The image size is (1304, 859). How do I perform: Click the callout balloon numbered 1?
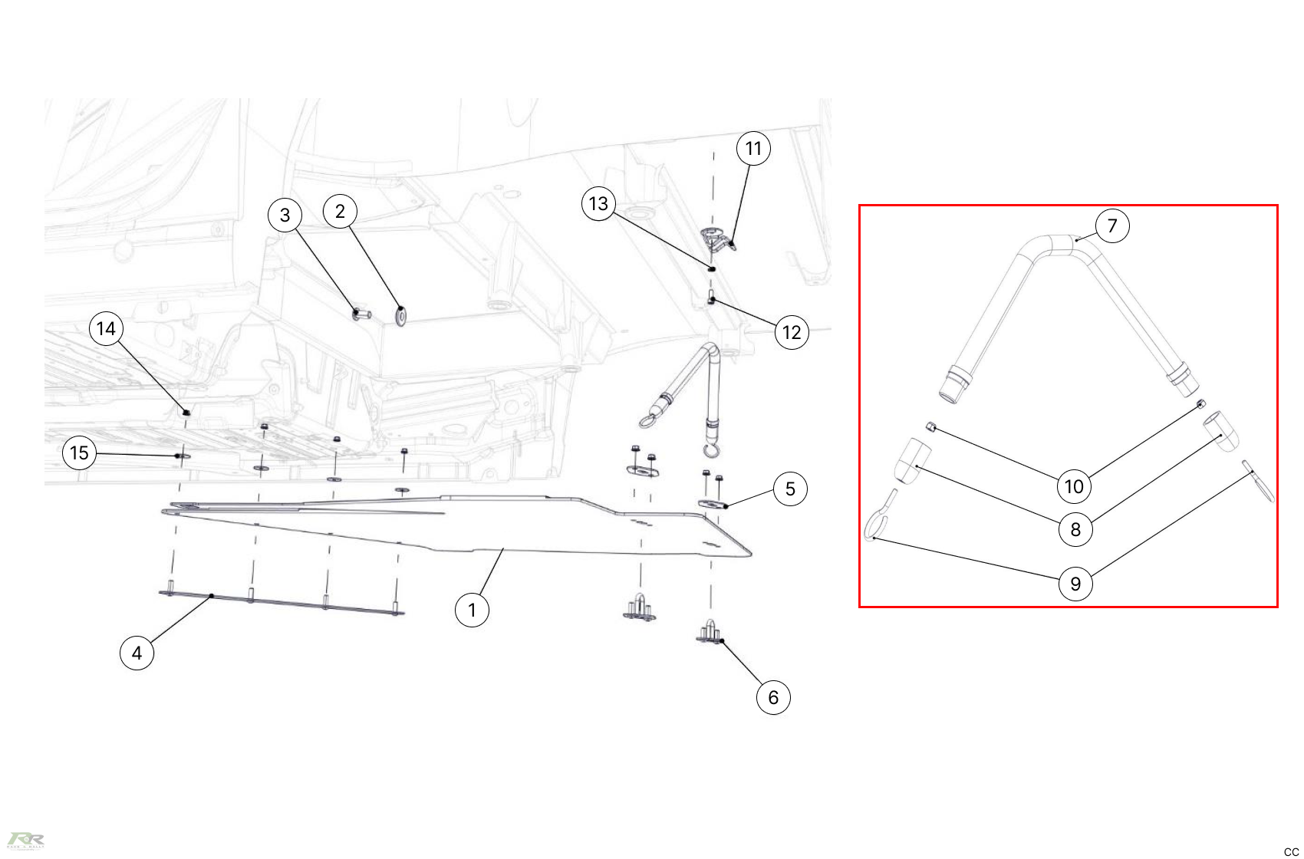(472, 611)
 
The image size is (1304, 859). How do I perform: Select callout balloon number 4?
(137, 653)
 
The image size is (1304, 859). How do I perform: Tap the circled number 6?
(773, 698)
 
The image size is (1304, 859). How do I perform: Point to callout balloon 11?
(753, 149)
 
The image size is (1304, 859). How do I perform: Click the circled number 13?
(598, 204)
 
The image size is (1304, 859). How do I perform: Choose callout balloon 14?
(106, 329)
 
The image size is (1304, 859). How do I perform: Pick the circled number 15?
(79, 453)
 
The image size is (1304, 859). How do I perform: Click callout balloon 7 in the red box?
(1112, 226)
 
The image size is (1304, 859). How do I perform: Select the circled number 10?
(1074, 486)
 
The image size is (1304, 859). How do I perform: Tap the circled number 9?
(1075, 584)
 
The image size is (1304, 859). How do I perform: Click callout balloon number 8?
(1075, 529)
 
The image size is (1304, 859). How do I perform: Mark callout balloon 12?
(792, 333)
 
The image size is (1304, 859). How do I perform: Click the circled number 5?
(790, 489)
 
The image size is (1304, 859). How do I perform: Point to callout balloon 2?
(340, 212)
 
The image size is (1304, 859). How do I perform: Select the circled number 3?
(285, 215)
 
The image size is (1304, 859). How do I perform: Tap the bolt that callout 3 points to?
(361, 314)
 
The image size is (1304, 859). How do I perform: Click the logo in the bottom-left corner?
(25, 840)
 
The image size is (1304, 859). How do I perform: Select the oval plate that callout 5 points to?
(713, 503)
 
